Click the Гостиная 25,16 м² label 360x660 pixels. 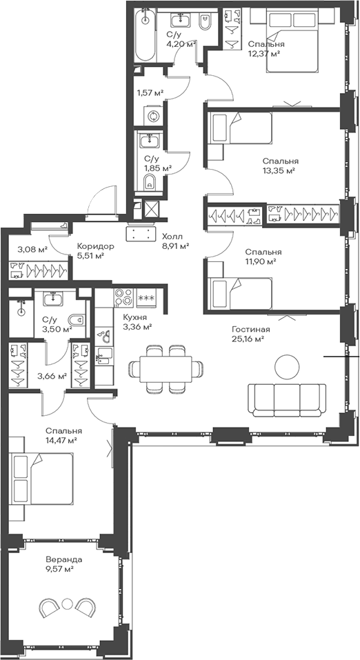(251, 334)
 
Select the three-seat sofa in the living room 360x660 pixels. (287, 399)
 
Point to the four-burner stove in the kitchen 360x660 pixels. (123, 298)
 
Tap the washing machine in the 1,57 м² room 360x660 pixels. (152, 116)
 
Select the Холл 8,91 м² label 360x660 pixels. (175, 240)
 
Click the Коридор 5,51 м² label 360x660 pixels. (90, 250)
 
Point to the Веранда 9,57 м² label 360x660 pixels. (64, 564)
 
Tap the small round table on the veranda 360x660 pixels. (67, 603)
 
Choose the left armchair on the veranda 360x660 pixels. (48, 608)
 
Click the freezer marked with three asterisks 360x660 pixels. (146, 298)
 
